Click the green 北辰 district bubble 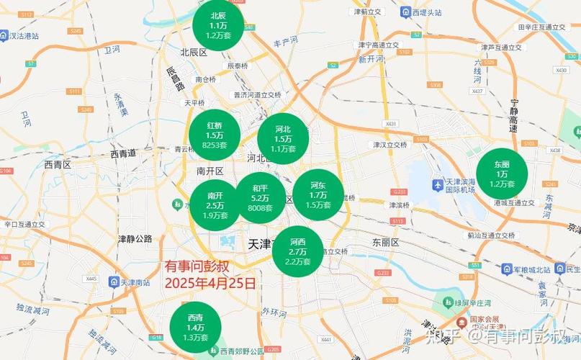pyautogui.click(x=218, y=25)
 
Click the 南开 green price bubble pyautogui.click(x=215, y=205)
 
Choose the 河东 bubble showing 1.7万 pyautogui.click(x=317, y=194)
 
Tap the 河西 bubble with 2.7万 pyautogui.click(x=297, y=251)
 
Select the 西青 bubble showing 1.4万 pyautogui.click(x=195, y=328)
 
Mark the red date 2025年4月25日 pyautogui.click(x=210, y=283)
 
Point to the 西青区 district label pyautogui.click(x=58, y=164)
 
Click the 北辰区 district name pyautogui.click(x=194, y=52)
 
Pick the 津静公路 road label pyautogui.click(x=135, y=238)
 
